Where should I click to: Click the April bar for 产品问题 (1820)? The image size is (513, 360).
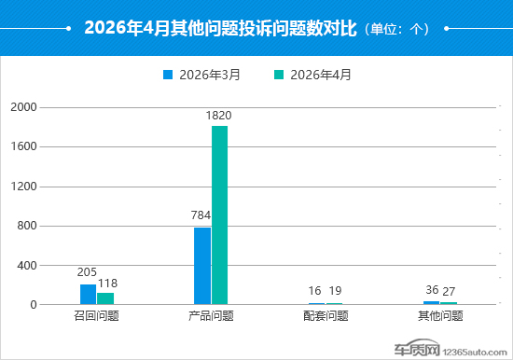pos(219,215)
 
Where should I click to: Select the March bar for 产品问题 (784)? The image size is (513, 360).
pos(202,266)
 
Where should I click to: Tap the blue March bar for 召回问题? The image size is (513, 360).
pos(88,294)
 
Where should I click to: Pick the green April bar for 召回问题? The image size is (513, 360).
pos(105,298)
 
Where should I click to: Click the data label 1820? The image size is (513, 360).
pos(218,116)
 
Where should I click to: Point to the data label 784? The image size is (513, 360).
pos(201,215)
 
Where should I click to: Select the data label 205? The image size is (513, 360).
pos(87,272)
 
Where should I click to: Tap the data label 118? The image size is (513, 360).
pos(107,284)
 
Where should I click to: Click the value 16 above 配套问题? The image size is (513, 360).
pos(314,291)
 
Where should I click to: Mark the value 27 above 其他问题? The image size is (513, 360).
pos(449,291)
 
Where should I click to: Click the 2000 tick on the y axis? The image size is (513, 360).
pos(23,107)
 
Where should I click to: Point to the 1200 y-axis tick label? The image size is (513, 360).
pos(23,187)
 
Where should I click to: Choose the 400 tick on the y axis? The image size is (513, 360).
pos(27,266)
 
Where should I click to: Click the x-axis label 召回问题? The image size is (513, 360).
pos(96,316)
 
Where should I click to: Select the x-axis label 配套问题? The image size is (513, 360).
pos(326,316)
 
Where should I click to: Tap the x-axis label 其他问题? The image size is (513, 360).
pos(440,316)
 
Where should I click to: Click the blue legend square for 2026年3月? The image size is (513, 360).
pos(168,75)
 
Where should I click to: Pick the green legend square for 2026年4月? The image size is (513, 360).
pos(279,75)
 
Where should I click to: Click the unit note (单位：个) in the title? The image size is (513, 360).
pos(396,30)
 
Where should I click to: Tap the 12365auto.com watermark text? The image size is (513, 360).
pos(475,353)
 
